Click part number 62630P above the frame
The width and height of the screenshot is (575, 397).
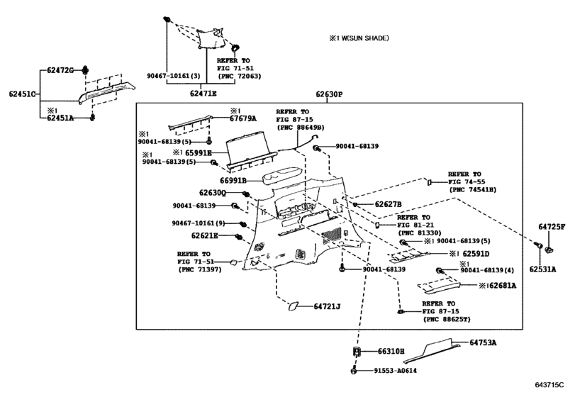coord(329,94)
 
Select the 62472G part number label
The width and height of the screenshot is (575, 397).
coord(60,70)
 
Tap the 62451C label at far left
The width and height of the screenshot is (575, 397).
coord(22,94)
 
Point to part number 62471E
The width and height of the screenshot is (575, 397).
coord(203,94)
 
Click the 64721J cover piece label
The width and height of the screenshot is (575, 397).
coord(327,306)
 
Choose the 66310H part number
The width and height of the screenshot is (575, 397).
coord(391,351)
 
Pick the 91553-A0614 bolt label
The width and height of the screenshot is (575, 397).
coord(395,371)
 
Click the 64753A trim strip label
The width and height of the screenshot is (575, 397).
coord(483,342)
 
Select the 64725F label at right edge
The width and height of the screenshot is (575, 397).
coord(552,227)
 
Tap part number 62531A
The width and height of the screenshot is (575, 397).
coord(542,269)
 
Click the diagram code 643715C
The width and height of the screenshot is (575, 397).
coord(549,384)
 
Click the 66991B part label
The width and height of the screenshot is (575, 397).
coord(233,180)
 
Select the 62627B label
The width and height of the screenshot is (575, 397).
coord(388,204)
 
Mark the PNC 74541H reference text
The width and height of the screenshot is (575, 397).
coord(472,189)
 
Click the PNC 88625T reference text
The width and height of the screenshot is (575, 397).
coord(447,319)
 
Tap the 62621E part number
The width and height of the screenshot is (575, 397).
coord(204,235)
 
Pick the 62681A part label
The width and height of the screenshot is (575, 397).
coord(503,285)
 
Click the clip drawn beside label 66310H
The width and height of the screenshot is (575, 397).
coord(357,351)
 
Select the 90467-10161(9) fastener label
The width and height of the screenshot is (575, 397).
coord(199,223)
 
